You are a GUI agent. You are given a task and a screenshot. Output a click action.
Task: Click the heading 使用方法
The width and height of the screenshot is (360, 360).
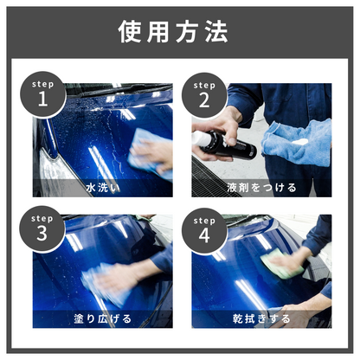click(x=173, y=31)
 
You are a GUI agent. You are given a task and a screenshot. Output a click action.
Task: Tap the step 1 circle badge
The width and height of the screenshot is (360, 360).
click(x=43, y=94)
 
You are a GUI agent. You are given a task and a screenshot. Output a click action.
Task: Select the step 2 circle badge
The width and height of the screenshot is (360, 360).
click(x=204, y=95)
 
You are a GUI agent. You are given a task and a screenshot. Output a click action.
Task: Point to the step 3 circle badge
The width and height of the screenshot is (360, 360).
click(x=42, y=229)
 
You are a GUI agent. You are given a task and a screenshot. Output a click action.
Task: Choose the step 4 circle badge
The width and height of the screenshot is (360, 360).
click(x=204, y=231)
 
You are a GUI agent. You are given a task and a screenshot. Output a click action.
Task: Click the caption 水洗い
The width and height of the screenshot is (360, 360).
click(x=103, y=188)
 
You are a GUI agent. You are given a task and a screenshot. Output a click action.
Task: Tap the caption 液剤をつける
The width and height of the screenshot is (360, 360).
click(x=261, y=188)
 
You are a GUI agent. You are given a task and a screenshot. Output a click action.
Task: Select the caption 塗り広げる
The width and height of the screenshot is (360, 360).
click(x=103, y=318)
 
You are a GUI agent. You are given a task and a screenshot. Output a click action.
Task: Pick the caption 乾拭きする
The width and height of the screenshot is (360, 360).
click(x=261, y=318)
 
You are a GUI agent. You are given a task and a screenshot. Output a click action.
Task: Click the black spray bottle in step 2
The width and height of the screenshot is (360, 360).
click(x=224, y=145)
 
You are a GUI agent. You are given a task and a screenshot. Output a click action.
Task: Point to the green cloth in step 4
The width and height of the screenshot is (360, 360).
click(x=281, y=264)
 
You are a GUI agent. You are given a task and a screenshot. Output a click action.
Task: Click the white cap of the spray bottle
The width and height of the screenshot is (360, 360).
click(x=201, y=138)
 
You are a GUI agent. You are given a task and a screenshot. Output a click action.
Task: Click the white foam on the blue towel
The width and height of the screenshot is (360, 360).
click(x=299, y=142)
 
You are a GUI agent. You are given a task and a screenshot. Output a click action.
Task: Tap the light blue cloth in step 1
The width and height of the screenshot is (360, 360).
click(x=150, y=153)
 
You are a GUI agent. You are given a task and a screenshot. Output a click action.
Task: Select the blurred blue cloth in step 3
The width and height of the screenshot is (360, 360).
click(x=104, y=284)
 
